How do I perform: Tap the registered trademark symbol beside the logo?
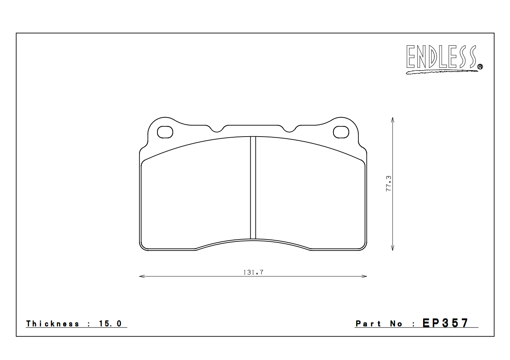coord(480,66)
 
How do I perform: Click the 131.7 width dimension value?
coord(253,272)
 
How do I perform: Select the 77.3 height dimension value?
coord(388,183)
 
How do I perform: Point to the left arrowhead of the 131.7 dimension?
coord(141,276)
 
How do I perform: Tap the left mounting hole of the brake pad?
coord(165,132)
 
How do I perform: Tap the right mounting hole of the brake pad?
coord(341,132)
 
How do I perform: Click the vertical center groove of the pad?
coord(253,188)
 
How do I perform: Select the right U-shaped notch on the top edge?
coord(289,129)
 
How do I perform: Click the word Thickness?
coord(53,324)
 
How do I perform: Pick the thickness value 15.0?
coord(110,324)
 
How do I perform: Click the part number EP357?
coord(445,323)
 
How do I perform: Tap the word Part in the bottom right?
coord(368,324)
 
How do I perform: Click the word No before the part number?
coord(396,324)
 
